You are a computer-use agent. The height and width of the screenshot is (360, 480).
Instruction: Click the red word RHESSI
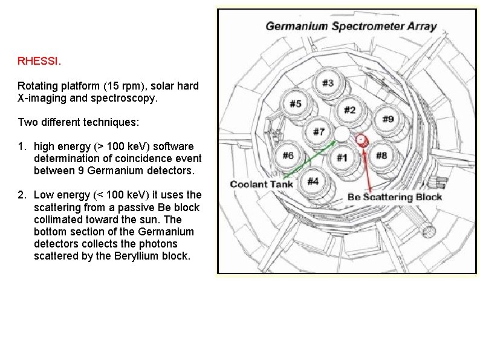pyautogui.click(x=39, y=61)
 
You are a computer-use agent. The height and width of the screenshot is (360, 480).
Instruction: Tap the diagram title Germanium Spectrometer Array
pyautogui.click(x=351, y=26)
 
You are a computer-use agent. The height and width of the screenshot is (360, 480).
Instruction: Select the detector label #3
pyautogui.click(x=327, y=83)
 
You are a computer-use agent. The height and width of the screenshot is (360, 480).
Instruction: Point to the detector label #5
pyautogui.click(x=295, y=103)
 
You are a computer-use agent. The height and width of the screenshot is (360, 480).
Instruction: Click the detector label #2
pyautogui.click(x=349, y=110)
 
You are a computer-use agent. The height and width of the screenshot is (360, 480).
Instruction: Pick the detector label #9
pyautogui.click(x=388, y=119)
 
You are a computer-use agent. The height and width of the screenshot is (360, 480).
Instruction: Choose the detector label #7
pyautogui.click(x=319, y=131)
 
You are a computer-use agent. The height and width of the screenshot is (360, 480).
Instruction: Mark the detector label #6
pyautogui.click(x=288, y=155)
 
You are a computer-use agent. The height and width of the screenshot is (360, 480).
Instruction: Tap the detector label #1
pyautogui.click(x=342, y=158)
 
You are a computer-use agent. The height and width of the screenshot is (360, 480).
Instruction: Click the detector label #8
pyautogui.click(x=381, y=155)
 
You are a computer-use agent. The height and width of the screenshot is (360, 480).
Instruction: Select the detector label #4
pyautogui.click(x=313, y=181)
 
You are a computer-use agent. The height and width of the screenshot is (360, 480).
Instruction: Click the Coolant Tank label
pyautogui.click(x=261, y=184)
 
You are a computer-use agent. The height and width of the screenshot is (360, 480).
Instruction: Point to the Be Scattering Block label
pyautogui.click(x=395, y=197)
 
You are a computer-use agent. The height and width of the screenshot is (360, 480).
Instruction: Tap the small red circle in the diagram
pyautogui.click(x=361, y=140)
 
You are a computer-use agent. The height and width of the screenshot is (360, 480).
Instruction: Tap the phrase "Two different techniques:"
pyautogui.click(x=79, y=122)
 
